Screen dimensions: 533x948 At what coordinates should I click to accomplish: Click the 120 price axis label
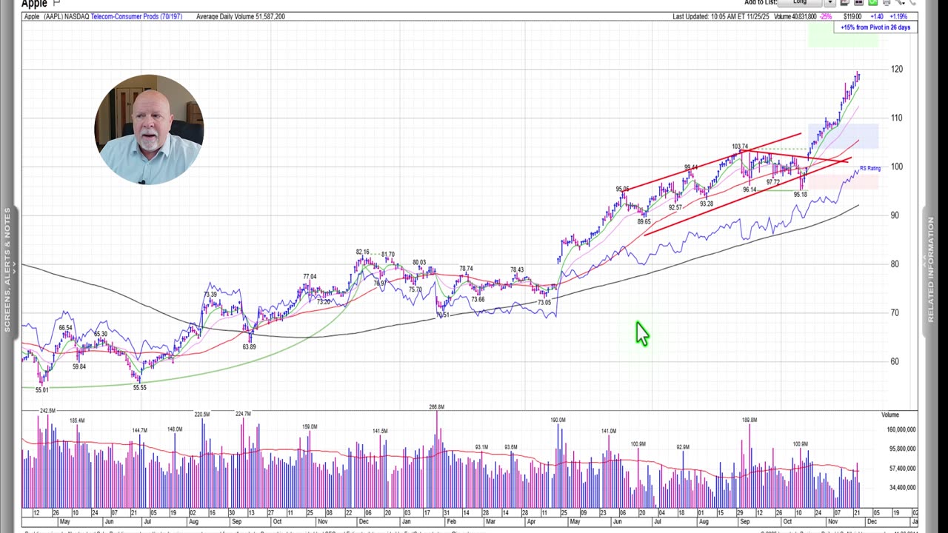[897, 69]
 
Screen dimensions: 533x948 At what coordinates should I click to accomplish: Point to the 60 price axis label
[895, 361]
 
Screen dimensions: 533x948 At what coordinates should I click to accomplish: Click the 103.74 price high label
[740, 147]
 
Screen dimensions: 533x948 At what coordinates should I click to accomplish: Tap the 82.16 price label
[362, 252]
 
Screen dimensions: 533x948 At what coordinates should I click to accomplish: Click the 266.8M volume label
[436, 407]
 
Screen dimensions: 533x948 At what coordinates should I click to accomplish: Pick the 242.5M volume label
[47, 411]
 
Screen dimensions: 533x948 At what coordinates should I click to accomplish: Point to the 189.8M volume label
[750, 420]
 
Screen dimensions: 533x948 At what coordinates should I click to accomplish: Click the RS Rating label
[870, 169]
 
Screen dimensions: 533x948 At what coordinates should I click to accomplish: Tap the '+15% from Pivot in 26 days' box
[875, 27]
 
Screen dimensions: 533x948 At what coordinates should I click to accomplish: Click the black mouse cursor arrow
[641, 334]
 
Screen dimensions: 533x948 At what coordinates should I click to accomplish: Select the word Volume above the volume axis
[889, 415]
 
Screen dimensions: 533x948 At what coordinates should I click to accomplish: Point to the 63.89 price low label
[249, 346]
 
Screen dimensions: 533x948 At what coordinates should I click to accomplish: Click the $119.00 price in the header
[852, 16]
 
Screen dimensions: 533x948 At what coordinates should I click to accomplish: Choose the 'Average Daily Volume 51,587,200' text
[240, 16]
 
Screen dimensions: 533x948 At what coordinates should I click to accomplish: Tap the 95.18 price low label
[800, 195]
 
